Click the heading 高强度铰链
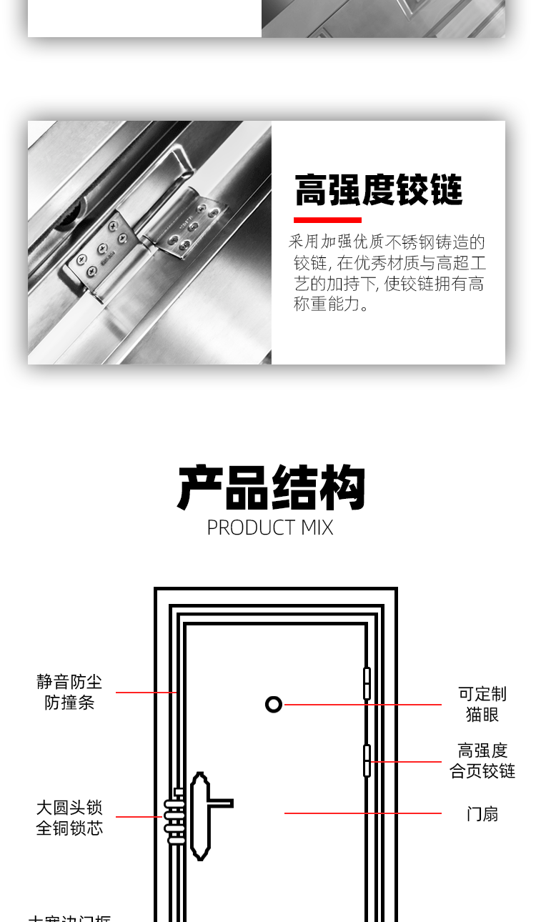378,190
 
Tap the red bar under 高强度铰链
327,220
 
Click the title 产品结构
271,488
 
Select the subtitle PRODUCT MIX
270,527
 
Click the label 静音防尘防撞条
69,692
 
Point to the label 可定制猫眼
482,704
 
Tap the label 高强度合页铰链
482,760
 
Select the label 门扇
482,814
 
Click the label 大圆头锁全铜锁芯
69,818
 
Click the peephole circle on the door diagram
274,705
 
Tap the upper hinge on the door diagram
367,683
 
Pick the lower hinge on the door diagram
367,760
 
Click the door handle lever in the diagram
218,803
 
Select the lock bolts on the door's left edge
174,817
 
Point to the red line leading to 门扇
362,813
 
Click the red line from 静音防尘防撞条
146,693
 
